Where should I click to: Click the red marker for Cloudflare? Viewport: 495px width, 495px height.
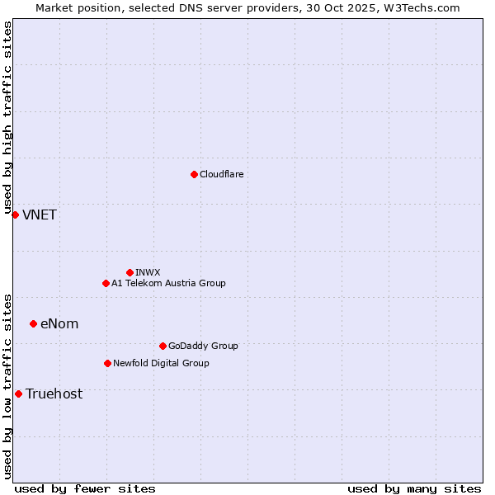tap(194, 174)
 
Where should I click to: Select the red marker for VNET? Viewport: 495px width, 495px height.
tap(15, 214)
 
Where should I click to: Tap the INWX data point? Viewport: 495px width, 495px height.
tap(130, 272)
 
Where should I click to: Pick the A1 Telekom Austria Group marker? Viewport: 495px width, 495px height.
tap(106, 283)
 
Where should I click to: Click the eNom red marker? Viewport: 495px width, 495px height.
tap(33, 323)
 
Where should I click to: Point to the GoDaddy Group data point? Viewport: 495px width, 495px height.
tap(163, 346)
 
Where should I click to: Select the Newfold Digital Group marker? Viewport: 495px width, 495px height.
tap(107, 363)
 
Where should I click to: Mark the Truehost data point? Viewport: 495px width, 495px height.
tap(18, 394)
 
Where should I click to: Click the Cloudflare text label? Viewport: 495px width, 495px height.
tap(221, 174)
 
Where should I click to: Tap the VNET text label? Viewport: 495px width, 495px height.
tap(40, 214)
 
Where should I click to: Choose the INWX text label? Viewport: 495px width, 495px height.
tap(148, 272)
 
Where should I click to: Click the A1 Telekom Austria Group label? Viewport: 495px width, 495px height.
tap(168, 283)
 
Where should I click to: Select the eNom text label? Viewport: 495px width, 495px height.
tap(59, 323)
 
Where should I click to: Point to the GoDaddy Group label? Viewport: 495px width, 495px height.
tap(203, 346)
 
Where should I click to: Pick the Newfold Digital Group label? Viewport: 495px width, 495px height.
tap(161, 363)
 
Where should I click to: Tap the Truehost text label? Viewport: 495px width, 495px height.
tap(54, 394)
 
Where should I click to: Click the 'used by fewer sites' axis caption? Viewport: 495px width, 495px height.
tap(85, 488)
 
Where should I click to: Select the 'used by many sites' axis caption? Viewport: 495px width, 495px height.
tap(414, 488)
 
